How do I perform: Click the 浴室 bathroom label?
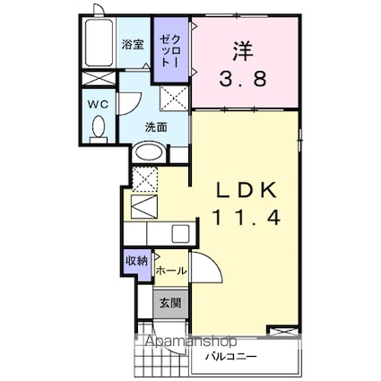134,45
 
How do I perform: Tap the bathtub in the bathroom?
99,43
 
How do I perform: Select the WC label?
98,104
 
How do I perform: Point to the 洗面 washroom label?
156,127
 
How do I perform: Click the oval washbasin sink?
149,152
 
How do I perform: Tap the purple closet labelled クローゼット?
170,49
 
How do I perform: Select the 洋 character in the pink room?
243,51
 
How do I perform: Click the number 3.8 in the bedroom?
243,79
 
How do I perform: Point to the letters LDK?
246,191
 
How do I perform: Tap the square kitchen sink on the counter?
180,234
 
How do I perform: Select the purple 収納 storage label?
136,262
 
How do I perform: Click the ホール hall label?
171,271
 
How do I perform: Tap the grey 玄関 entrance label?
170,303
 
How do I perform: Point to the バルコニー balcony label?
230,357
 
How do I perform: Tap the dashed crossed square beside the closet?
174,99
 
